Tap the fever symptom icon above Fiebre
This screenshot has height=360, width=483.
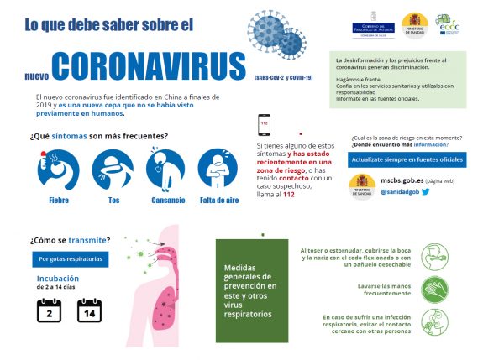coord(59,170)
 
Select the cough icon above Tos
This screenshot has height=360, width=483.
coord(113,170)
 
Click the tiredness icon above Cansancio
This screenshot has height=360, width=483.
coord(165,170)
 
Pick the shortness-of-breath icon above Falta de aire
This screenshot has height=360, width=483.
coord(218,170)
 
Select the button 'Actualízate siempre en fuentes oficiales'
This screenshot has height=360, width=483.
coord(407,159)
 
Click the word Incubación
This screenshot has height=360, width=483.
coord(58,278)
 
